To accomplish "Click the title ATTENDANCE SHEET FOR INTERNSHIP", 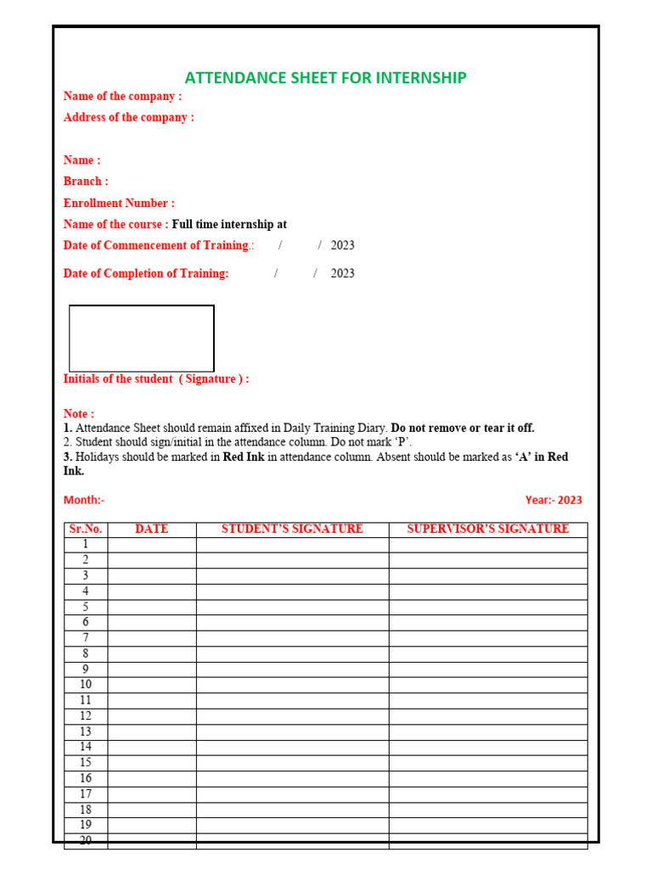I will pyautogui.click(x=325, y=78).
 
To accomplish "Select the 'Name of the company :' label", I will pyautogui.click(x=122, y=97).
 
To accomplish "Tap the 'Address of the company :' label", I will pyautogui.click(x=128, y=118).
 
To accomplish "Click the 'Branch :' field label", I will pyautogui.click(x=86, y=182).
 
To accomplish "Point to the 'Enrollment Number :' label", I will pyautogui.click(x=119, y=204).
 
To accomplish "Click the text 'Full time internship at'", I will pyautogui.click(x=229, y=225).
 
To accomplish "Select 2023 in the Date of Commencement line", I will pyautogui.click(x=342, y=246).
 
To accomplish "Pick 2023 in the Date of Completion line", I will pyautogui.click(x=342, y=274).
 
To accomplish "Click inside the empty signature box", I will pyautogui.click(x=141, y=338).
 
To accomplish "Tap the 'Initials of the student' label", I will pyautogui.click(x=118, y=379).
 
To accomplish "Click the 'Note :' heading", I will pyautogui.click(x=79, y=414).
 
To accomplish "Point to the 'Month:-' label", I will pyautogui.click(x=84, y=501).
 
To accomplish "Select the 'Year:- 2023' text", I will pyautogui.click(x=554, y=501).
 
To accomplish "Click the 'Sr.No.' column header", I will pyautogui.click(x=86, y=530).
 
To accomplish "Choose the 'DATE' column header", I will pyautogui.click(x=151, y=530).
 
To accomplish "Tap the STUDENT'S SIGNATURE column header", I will pyautogui.click(x=292, y=530).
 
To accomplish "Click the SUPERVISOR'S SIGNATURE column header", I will pyautogui.click(x=487, y=530).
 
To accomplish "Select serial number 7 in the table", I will pyautogui.click(x=86, y=638).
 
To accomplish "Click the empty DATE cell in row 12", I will pyautogui.click(x=151, y=716).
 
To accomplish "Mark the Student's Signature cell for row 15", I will pyautogui.click(x=292, y=763).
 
